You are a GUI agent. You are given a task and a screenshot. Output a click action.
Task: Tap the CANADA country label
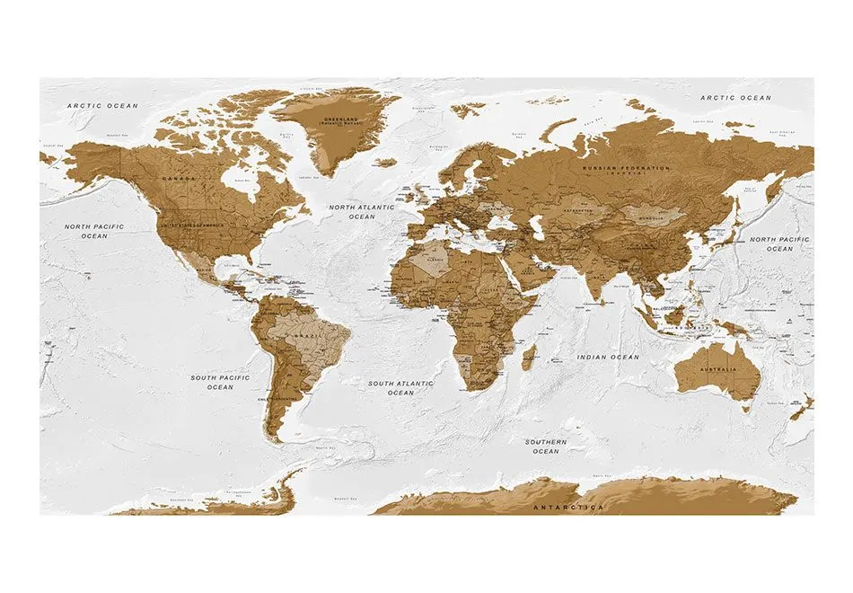tap(177, 180)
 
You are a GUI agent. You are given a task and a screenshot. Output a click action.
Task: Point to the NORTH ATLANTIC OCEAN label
tap(362, 211)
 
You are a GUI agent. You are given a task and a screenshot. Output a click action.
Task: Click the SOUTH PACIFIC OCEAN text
tap(220, 383)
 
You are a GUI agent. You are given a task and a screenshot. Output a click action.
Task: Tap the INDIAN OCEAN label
tap(608, 357)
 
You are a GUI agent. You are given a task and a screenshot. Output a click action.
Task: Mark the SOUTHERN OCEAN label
tap(546, 447)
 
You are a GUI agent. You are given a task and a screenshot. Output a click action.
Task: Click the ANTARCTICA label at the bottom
tap(568, 508)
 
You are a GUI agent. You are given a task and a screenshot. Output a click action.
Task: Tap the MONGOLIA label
tap(649, 217)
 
